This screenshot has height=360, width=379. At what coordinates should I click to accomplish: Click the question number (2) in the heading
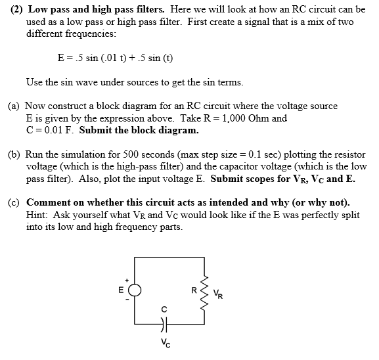19,11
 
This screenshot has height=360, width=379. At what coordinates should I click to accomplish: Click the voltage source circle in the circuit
135,290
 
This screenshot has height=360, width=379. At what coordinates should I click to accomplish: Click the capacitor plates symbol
164,323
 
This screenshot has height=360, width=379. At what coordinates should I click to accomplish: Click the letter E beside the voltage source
121,290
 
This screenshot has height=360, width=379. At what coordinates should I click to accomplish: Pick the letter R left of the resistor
193,289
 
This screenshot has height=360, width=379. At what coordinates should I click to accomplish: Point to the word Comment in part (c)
48,202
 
